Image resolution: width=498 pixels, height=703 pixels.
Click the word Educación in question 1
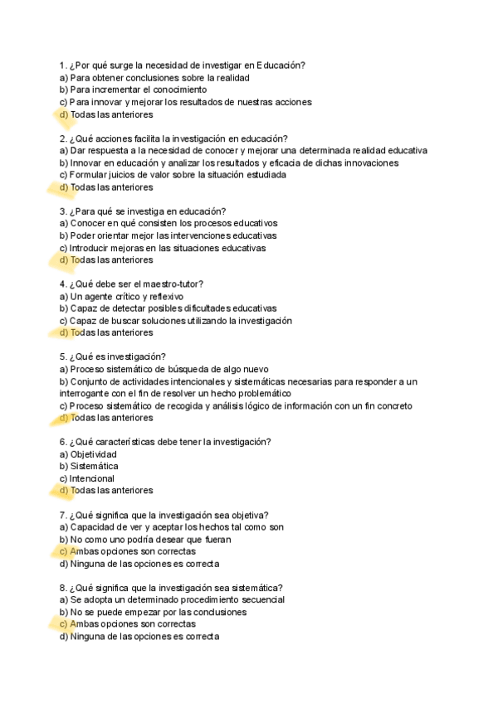pos(281,65)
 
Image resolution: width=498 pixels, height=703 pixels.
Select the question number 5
pos(62,357)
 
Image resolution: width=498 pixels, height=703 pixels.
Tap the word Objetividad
pos(93,454)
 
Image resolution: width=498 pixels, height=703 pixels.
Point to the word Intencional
pos(92,478)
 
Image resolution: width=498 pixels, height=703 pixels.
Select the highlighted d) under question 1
pos(64,114)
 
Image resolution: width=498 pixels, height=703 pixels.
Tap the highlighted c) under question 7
pos(64,551)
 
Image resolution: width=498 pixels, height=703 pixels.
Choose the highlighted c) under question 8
pos(64,624)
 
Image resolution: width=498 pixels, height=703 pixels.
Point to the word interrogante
pos(86,394)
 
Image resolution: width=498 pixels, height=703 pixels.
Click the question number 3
pos(62,211)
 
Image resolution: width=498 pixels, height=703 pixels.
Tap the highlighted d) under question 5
pos(64,418)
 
